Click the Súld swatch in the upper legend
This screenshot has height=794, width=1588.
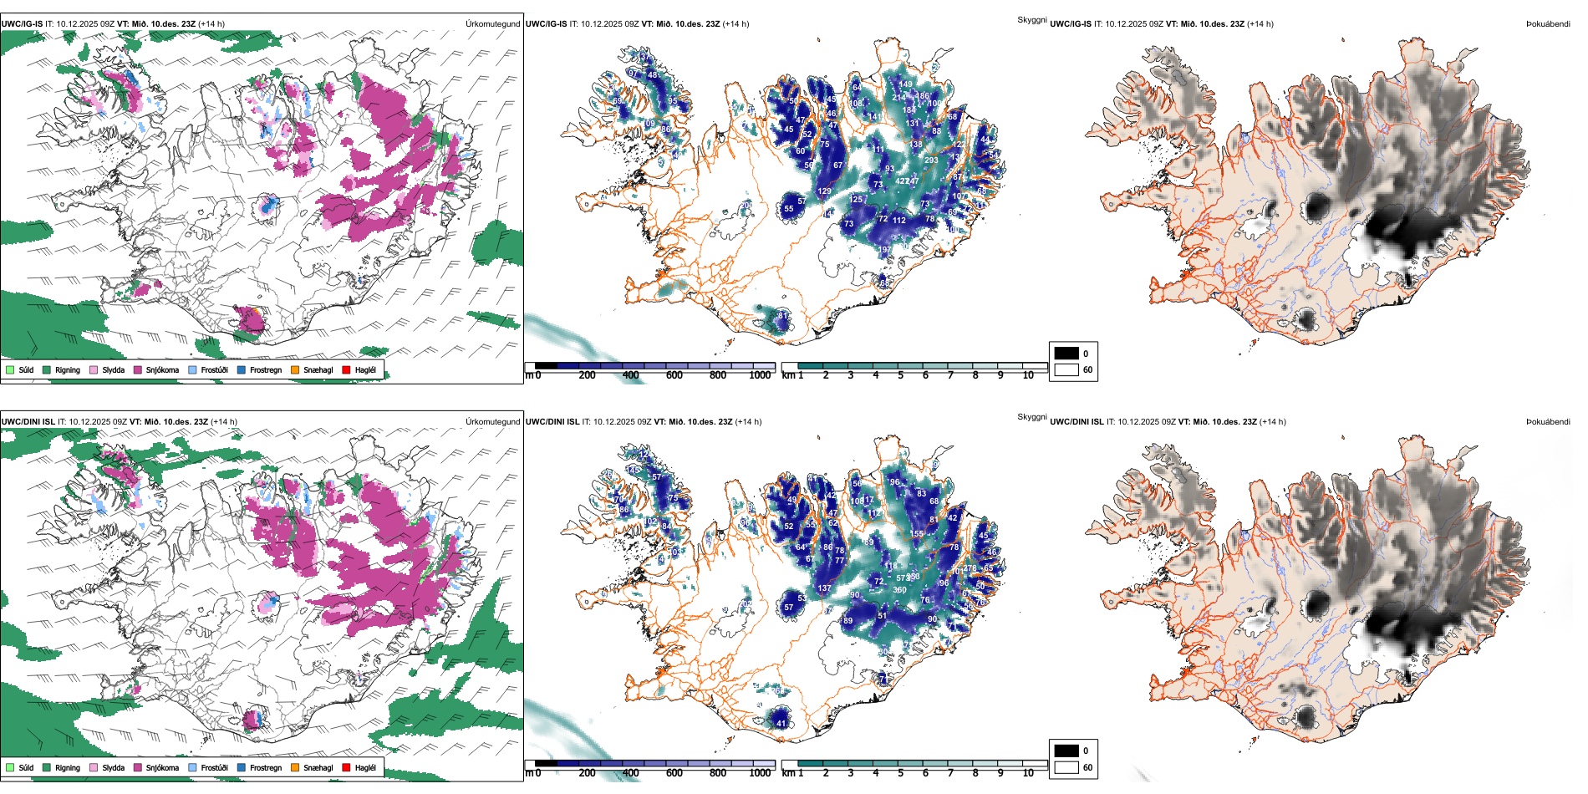click(x=10, y=369)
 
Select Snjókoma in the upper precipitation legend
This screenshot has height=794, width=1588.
click(x=137, y=369)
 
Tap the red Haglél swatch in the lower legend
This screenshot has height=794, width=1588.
click(x=346, y=767)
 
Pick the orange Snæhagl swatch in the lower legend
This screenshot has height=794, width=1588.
click(x=295, y=767)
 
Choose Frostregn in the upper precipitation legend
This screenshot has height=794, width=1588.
click(x=242, y=369)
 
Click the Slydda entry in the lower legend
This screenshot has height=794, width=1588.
click(x=94, y=767)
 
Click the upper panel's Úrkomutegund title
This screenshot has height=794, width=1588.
click(x=492, y=24)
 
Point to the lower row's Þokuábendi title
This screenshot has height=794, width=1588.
click(x=1548, y=422)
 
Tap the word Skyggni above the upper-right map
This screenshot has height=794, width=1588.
click(x=1031, y=20)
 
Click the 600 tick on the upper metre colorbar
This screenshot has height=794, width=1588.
click(x=674, y=375)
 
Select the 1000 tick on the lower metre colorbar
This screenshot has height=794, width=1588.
click(x=760, y=773)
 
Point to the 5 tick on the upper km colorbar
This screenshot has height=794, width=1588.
click(x=900, y=375)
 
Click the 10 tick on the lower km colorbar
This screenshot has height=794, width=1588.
click(x=1028, y=773)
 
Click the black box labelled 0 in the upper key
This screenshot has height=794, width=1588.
click(x=1066, y=354)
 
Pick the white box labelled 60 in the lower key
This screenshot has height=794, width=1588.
click(x=1066, y=767)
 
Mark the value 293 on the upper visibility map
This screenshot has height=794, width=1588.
click(x=931, y=160)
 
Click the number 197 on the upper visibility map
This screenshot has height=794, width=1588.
click(x=884, y=250)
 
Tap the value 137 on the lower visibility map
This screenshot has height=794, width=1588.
click(x=824, y=588)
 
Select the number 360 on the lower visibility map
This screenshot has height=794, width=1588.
click(x=899, y=590)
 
